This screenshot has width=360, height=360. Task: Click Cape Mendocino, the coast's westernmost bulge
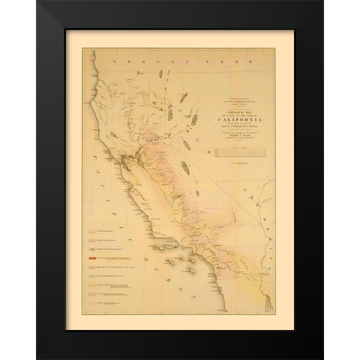pos(91,96)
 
